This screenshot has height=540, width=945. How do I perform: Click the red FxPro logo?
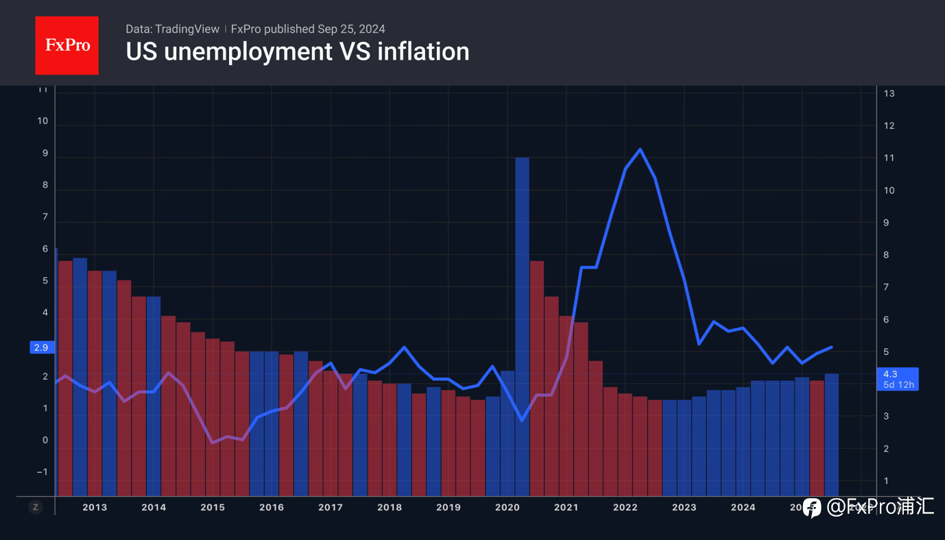click(67, 45)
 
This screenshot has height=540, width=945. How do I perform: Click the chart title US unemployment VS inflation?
click(297, 52)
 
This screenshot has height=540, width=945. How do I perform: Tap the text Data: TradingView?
click(172, 29)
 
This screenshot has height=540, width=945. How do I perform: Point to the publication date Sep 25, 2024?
click(351, 29)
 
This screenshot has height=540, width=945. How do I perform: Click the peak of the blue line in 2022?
click(640, 149)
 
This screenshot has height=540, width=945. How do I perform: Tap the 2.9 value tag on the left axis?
click(41, 347)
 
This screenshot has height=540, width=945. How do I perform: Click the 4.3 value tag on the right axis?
click(890, 374)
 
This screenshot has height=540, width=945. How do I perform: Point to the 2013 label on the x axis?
click(95, 507)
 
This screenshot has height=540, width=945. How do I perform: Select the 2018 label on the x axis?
click(390, 507)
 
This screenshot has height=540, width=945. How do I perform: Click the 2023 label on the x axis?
click(684, 507)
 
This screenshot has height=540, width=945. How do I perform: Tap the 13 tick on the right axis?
click(889, 93)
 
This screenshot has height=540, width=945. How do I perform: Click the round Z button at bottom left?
click(36, 507)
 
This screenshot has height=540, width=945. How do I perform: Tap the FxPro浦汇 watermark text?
click(880, 507)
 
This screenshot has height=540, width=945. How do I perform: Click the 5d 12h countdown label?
click(897, 384)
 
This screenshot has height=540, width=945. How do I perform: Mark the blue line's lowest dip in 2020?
click(523, 420)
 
